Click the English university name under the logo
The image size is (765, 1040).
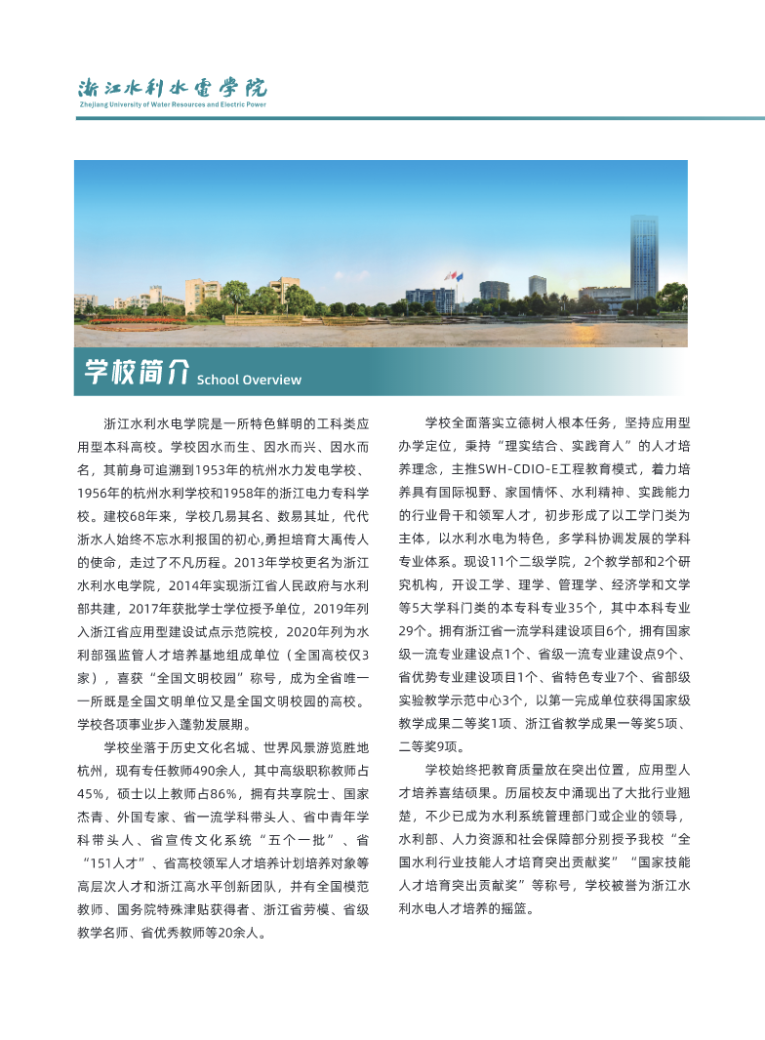pyautogui.click(x=172, y=103)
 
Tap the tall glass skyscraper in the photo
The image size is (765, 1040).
pyautogui.click(x=643, y=258)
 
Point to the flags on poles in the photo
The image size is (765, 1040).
pyautogui.click(x=453, y=277)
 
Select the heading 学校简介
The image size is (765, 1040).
pyautogui.click(x=135, y=372)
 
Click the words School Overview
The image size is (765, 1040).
pyautogui.click(x=249, y=380)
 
